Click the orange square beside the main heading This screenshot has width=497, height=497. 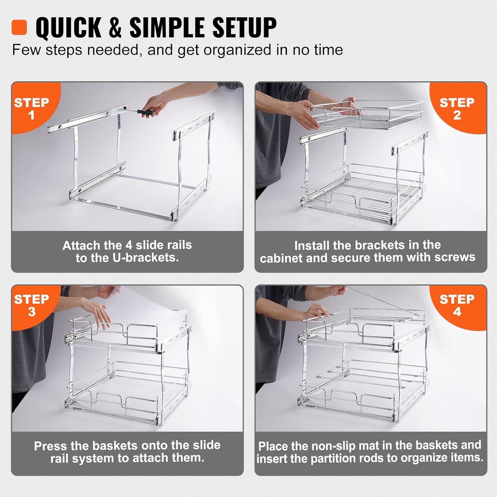(x=19, y=27)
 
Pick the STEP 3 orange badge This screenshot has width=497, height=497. (x=31, y=305)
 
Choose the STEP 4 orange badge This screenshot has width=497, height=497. (x=457, y=305)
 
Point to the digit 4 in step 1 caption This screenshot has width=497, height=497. (x=129, y=245)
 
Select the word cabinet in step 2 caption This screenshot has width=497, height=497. (x=281, y=258)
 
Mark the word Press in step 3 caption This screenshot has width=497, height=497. (x=48, y=446)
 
